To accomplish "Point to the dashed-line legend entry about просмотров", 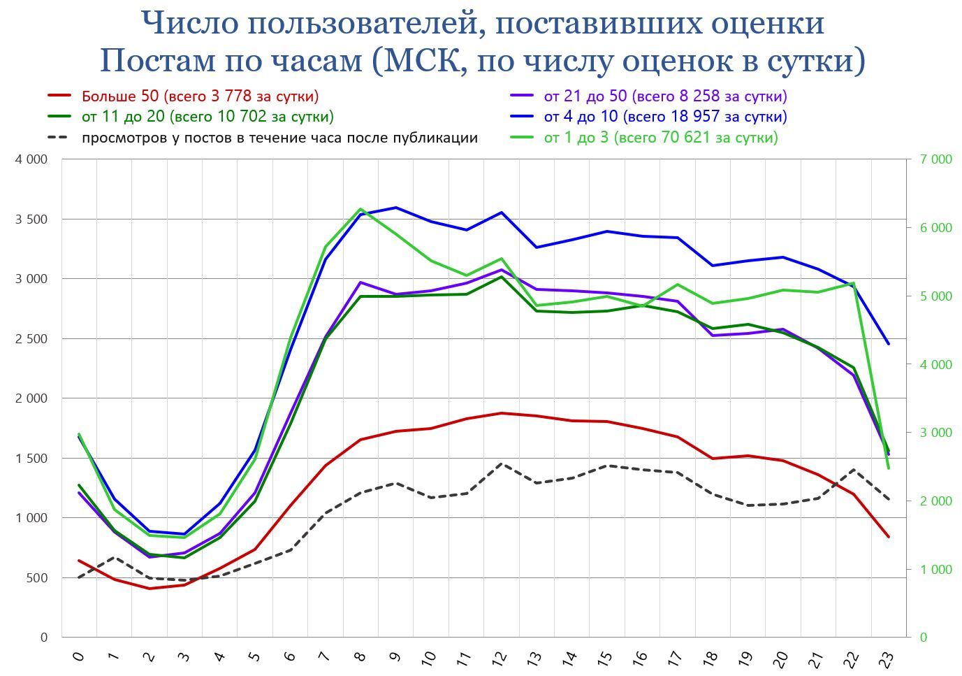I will point(279,138).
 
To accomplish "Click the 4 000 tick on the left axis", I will point(31,159).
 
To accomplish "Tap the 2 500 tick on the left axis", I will point(31,339).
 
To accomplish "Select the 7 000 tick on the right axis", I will point(936,159).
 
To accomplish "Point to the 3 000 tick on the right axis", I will point(936,433).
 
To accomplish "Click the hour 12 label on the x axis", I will point(499,658).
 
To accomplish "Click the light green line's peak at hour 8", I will point(360,209).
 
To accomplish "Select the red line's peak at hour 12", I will point(502,413).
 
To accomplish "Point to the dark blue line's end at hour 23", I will point(889,344).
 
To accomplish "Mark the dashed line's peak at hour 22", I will point(853,470).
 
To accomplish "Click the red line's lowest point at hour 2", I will point(150,589).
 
